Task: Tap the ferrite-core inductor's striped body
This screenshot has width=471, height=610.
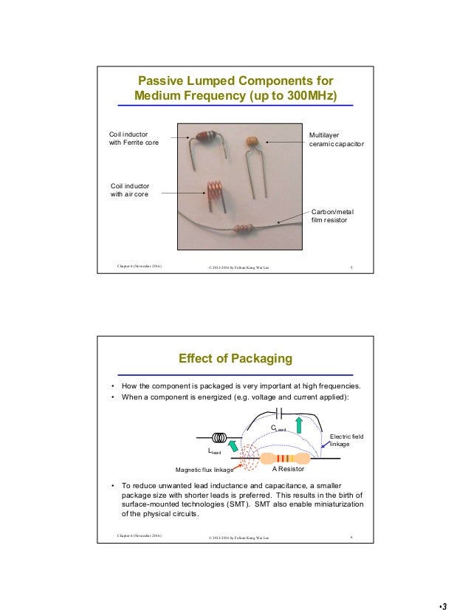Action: pos(206,136)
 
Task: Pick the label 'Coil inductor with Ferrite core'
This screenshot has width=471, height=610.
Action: pos(134,139)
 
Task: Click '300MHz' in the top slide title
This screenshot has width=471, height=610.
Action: pos(307,96)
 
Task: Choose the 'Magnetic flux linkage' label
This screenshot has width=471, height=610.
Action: pos(204,469)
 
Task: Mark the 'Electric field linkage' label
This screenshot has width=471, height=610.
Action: pos(346,440)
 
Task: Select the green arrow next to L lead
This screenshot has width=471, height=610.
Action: pos(234,445)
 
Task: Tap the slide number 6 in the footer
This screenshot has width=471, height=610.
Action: pos(351,535)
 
